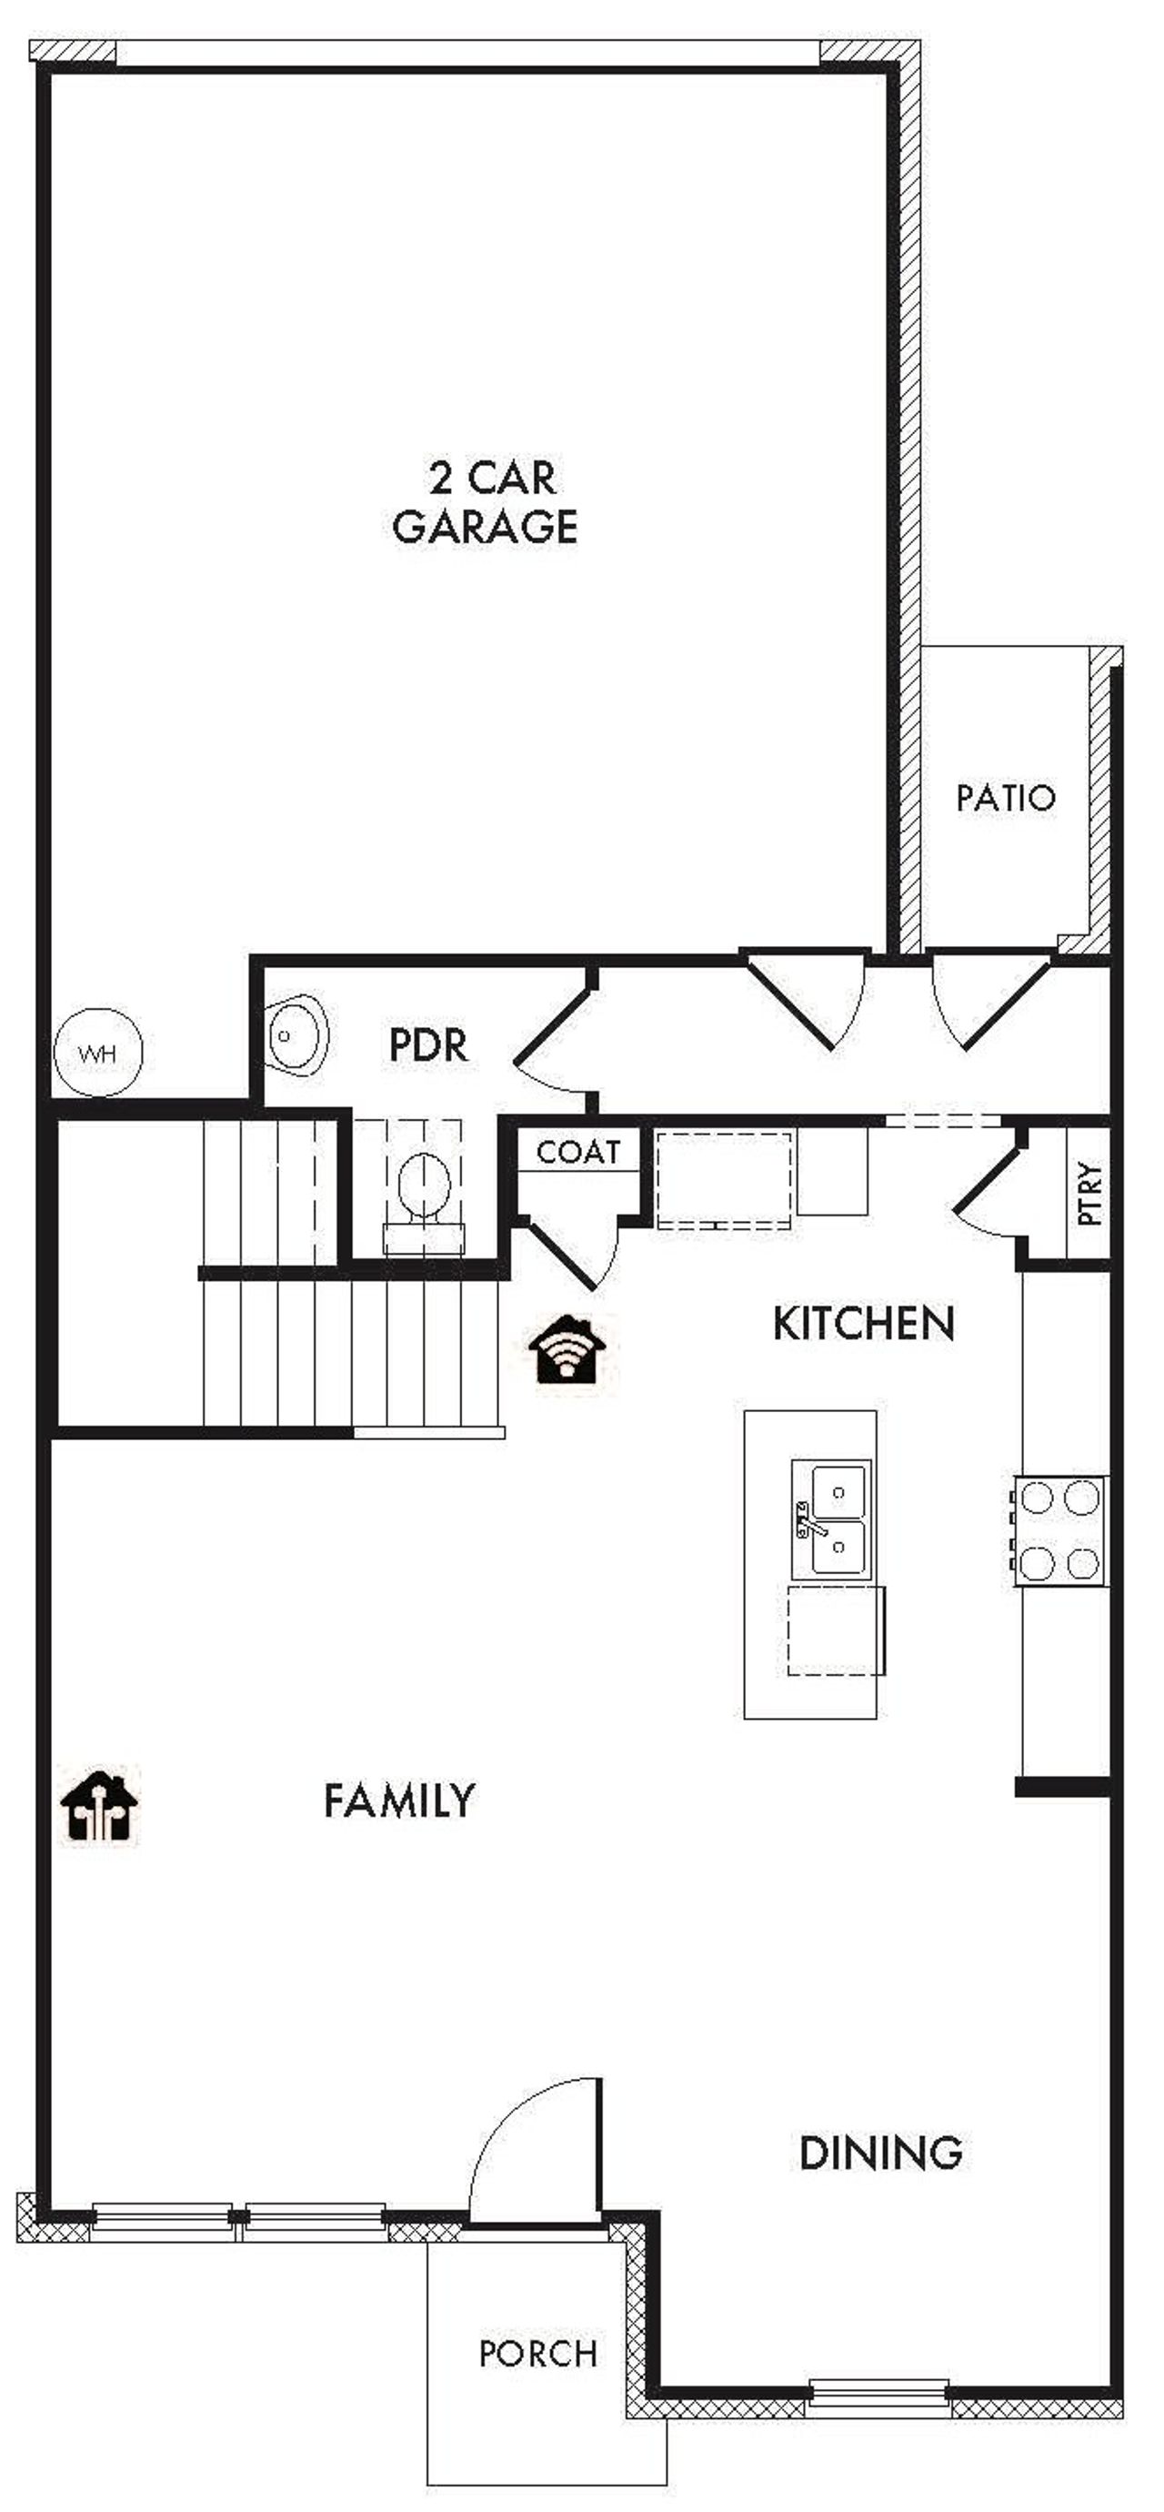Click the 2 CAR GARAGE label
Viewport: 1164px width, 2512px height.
click(486, 503)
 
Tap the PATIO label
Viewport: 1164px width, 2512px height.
click(1005, 798)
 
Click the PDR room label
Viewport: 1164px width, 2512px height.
click(428, 1045)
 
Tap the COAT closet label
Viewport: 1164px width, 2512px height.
click(578, 1152)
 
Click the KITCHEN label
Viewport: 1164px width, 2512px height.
click(863, 1323)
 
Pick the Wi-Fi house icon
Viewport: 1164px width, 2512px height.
click(567, 1348)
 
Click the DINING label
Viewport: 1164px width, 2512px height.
click(880, 2152)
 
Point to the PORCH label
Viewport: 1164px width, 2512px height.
click(538, 2352)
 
